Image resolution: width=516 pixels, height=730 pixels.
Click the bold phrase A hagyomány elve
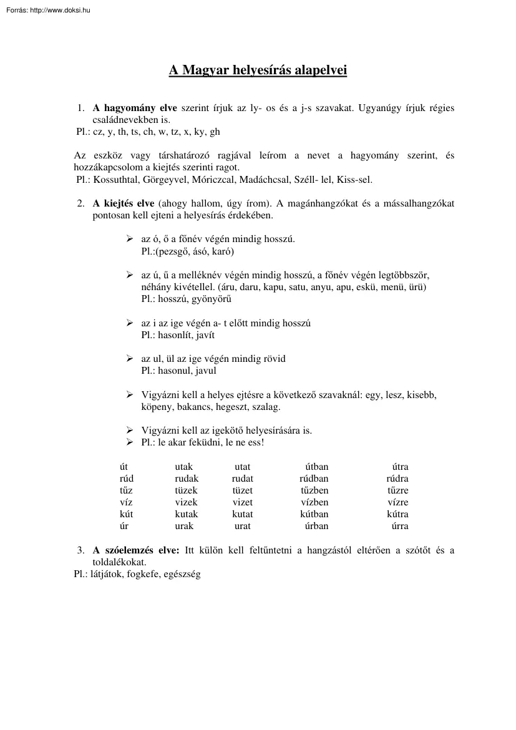[135, 108]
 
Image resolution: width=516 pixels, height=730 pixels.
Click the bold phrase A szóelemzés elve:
[136, 550]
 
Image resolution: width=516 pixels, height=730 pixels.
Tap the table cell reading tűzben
[314, 490]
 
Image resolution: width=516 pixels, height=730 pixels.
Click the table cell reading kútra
[397, 514]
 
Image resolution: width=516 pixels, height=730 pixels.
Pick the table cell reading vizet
[242, 502]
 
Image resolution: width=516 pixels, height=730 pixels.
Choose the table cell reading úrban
[316, 526]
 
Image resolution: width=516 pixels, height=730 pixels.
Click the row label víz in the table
[126, 502]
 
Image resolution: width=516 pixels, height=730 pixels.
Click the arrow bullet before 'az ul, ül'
[130, 359]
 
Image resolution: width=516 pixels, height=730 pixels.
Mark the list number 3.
[80, 550]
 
